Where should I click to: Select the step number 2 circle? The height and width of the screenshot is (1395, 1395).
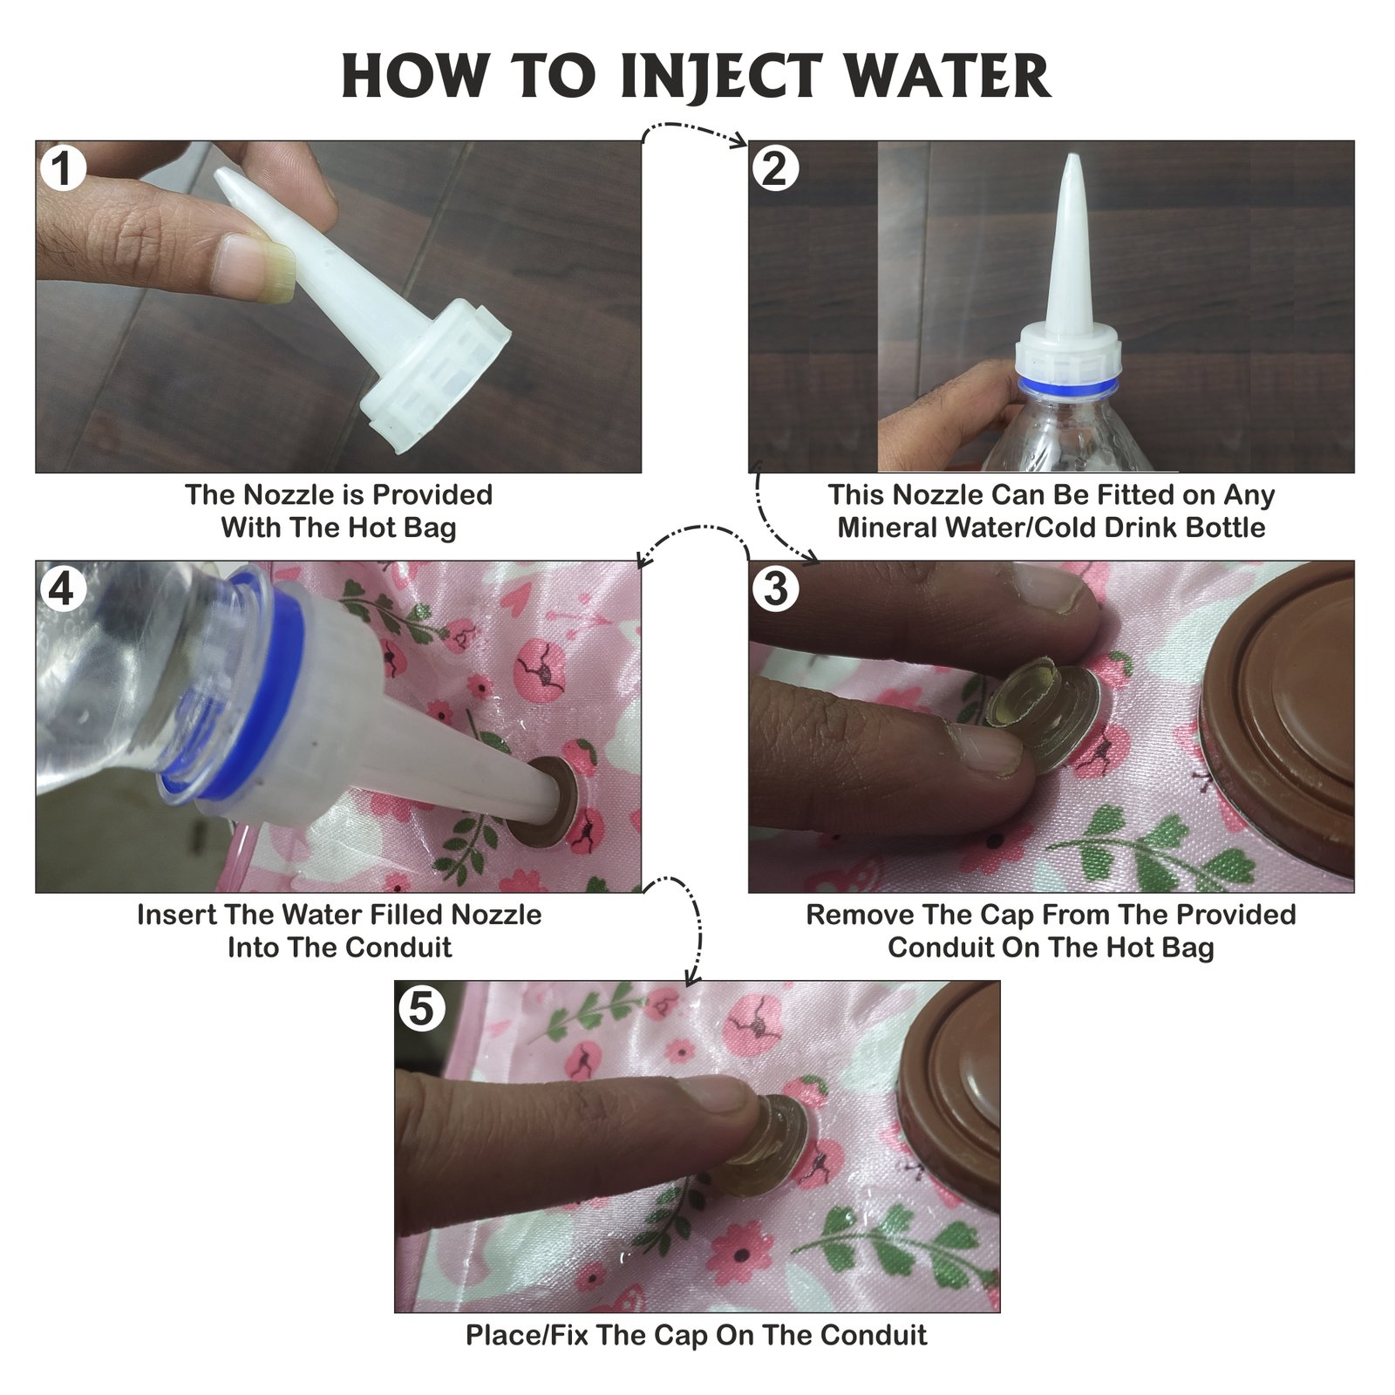775,168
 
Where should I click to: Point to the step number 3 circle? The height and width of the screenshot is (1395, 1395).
775,589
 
